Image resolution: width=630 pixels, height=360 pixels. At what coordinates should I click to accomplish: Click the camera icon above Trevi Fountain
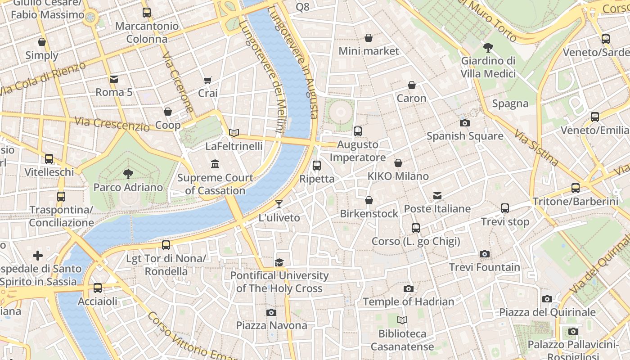point(484,254)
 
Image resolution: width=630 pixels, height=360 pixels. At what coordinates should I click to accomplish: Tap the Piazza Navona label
point(272,325)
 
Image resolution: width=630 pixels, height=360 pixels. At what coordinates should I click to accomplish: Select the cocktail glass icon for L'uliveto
point(279,204)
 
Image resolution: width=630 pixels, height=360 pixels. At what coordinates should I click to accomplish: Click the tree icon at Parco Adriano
point(128,174)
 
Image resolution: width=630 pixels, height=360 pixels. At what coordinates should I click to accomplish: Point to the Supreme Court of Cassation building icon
point(215,164)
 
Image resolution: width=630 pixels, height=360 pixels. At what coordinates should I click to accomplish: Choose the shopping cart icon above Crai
point(207,80)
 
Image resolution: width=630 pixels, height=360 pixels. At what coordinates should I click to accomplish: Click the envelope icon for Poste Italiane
point(437,196)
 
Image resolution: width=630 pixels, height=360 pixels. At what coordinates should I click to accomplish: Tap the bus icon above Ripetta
point(317,166)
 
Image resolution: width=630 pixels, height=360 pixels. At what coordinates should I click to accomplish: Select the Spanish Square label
point(465,136)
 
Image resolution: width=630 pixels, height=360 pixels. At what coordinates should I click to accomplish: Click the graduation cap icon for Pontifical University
point(279,262)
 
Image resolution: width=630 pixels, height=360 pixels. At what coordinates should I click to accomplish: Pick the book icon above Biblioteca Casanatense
point(402,320)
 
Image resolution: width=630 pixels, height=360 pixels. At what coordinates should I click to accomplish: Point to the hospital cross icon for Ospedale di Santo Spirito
point(38,256)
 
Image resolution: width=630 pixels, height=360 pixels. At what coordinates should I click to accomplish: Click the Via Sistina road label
point(536,148)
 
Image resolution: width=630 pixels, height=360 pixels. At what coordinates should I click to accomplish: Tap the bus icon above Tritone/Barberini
point(575,188)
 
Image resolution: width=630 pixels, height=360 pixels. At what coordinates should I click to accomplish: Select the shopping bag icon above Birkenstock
point(369,200)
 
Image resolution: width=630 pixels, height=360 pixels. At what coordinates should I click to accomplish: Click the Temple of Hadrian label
point(408,301)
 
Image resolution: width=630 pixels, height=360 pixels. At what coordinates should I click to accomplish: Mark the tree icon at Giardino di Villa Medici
point(488,47)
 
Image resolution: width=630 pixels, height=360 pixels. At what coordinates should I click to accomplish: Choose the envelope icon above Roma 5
point(114,79)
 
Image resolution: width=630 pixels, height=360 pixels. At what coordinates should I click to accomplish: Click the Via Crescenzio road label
point(112,122)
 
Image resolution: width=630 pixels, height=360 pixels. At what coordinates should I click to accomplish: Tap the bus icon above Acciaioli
point(98,288)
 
